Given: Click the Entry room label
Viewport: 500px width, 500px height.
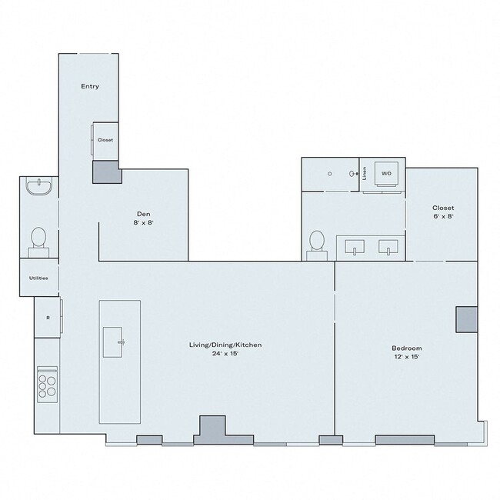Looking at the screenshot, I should (x=90, y=86).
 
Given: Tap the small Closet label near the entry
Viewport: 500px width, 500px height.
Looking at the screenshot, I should (x=105, y=140).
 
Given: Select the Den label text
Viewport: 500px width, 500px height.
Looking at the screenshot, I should (x=143, y=213).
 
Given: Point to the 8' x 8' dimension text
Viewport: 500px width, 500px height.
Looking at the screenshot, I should (x=143, y=222).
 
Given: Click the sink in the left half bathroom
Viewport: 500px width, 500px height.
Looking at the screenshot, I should (x=38, y=186).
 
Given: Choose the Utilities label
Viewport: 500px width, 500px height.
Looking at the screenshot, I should (x=38, y=278).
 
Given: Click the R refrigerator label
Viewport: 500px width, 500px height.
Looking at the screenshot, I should (x=48, y=317).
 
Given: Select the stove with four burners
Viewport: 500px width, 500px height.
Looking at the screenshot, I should (x=47, y=382).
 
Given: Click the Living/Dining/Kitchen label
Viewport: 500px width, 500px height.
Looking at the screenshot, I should (x=225, y=345).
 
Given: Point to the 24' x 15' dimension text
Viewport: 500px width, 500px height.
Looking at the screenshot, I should (x=225, y=354).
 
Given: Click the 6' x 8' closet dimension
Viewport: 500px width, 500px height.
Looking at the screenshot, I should (x=442, y=217).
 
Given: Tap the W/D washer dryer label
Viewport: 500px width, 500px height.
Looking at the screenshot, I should (x=386, y=173).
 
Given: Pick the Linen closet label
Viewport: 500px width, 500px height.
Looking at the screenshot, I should (x=365, y=174).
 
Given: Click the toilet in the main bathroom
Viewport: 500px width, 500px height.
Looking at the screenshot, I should (x=315, y=242).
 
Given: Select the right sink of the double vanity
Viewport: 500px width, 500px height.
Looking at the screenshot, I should (x=388, y=247).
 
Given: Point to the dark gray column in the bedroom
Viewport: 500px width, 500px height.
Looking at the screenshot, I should (x=466, y=319).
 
